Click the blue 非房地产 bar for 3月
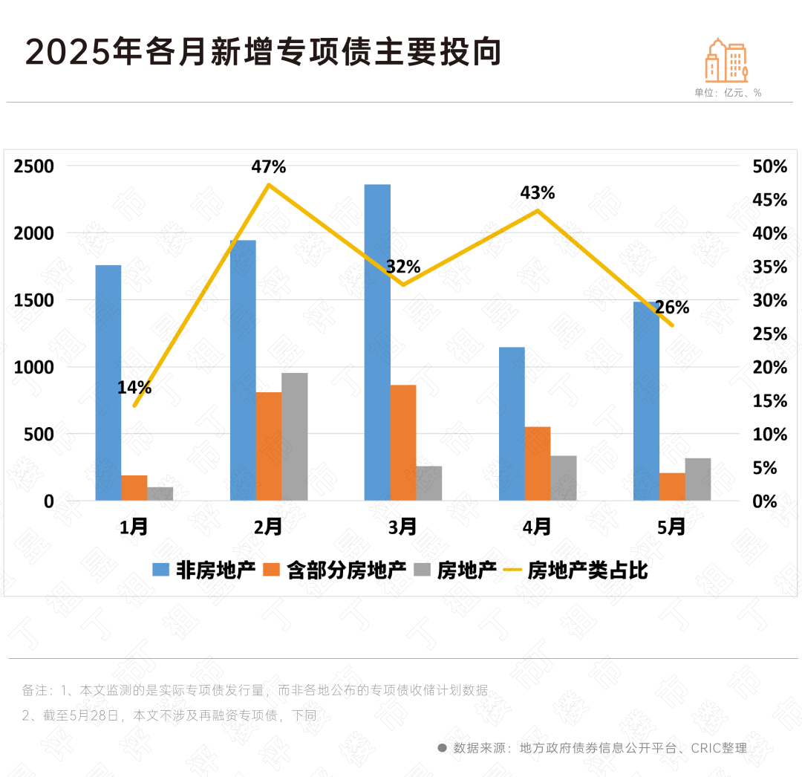377,342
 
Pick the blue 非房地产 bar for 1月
108,383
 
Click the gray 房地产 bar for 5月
697,479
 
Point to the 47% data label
268,166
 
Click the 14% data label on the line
134,387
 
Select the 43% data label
538,193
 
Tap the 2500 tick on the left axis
34,166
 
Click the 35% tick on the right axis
770,267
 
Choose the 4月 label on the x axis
537,527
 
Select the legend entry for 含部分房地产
346,570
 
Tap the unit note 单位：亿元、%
728,93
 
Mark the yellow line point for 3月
402,285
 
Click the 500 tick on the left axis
39,434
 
